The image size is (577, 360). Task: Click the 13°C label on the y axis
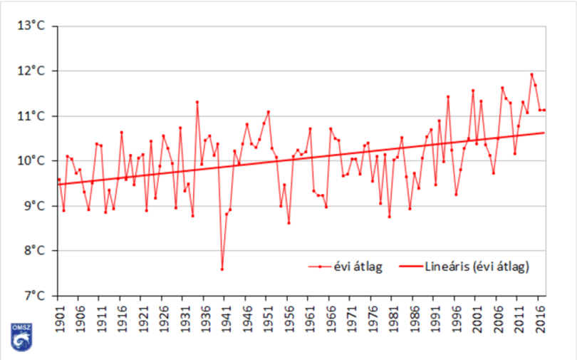(31, 26)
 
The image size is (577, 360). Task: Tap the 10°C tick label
(31, 161)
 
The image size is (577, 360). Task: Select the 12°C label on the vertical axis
(31, 71)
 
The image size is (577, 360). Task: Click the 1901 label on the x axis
(59, 317)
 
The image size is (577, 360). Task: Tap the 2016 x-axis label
(539, 317)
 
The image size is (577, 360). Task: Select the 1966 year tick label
(331, 317)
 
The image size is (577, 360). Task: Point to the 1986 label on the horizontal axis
(414, 317)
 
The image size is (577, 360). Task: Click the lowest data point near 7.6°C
(222, 269)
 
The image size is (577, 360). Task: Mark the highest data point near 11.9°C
(531, 74)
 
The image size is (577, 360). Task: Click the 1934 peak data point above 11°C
(197, 102)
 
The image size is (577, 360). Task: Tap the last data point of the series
(544, 110)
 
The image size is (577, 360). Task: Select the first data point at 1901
(59, 179)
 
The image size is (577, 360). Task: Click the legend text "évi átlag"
(358, 267)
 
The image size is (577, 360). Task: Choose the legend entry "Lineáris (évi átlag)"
(477, 267)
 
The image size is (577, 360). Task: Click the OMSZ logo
(21, 337)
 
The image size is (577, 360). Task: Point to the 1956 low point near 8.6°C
(289, 222)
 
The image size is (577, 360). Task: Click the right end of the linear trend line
(544, 133)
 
